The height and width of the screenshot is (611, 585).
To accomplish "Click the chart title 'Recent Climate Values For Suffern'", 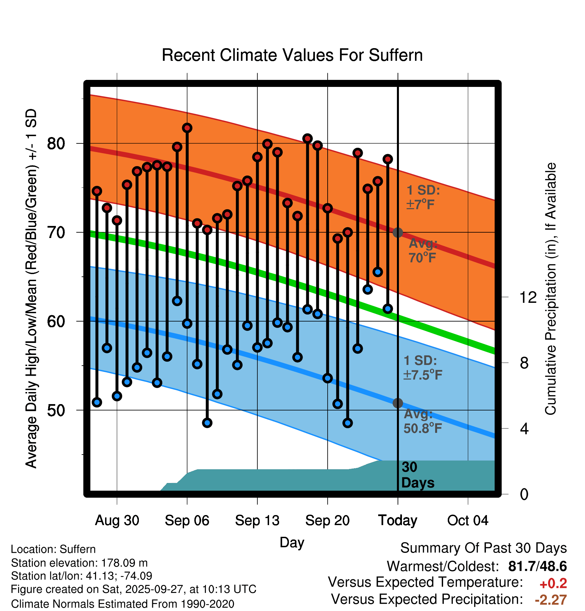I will (292, 55).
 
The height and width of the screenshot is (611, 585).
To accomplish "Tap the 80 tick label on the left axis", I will (56, 144).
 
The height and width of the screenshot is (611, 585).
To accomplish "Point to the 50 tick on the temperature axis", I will (56, 410).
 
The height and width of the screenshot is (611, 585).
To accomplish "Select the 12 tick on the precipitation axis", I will (528, 297).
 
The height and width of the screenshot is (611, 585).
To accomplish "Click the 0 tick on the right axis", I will (524, 494).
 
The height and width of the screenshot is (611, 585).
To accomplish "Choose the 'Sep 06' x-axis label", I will (187, 520).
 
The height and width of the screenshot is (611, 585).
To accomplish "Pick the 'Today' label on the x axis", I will (398, 520).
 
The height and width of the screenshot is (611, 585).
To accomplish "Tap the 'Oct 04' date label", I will (468, 520).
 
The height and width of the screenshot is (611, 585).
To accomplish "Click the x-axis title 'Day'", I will (292, 542).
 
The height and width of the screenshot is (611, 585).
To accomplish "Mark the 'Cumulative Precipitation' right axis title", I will (551, 289).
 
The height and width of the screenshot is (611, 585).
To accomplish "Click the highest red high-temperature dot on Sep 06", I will (187, 128).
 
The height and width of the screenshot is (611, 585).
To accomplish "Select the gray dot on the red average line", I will (398, 233).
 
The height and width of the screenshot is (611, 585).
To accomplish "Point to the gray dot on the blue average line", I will (398, 403).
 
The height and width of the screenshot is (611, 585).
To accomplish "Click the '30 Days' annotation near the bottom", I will (417, 475).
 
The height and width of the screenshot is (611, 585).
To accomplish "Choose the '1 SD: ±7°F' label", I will (423, 197).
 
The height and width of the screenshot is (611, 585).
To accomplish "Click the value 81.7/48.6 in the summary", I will (537, 566).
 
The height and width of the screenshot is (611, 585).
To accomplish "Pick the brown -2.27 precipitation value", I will (551, 600).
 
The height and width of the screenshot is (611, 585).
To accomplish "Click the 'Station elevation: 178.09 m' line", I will (79, 563).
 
